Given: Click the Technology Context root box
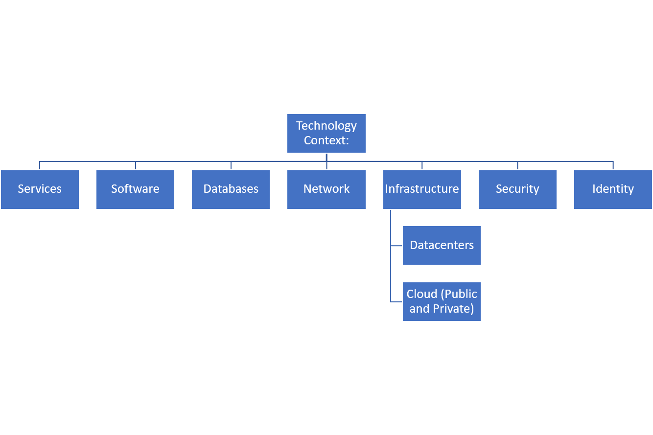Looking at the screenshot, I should [x=326, y=133].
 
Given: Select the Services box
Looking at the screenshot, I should [x=40, y=189].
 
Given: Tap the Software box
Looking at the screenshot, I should [x=135, y=189].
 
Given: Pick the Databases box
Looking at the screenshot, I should [x=231, y=189].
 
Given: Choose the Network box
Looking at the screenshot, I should [x=326, y=189].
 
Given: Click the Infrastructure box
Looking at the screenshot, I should [x=422, y=189].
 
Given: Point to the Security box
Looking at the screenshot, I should [x=517, y=189].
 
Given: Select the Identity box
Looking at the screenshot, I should [x=613, y=189].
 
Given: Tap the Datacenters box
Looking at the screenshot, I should [x=442, y=246].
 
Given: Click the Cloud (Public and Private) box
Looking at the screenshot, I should [x=442, y=301].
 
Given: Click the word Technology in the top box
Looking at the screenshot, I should [x=326, y=126].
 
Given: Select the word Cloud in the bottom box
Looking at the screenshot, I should [x=421, y=294].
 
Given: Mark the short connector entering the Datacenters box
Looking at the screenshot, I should [x=396, y=246].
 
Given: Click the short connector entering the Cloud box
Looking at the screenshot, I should [x=396, y=301].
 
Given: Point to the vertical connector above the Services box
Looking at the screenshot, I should [x=40, y=165].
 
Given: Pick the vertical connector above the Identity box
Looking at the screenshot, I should [x=613, y=165].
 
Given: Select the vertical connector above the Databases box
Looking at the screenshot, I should [x=231, y=165].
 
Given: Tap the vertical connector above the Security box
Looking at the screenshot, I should [x=517, y=165].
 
